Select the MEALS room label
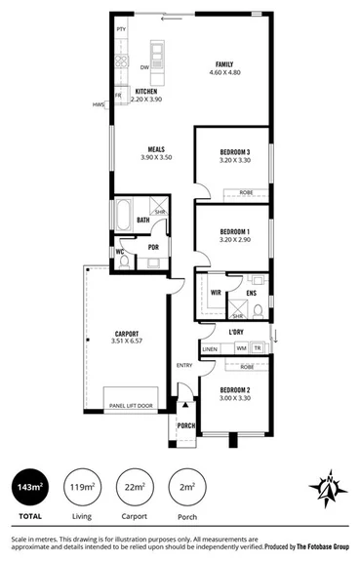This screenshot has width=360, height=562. coord(156,150)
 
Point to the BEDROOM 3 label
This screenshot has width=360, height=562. coord(234,151)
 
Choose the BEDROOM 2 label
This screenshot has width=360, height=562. coord(234,390)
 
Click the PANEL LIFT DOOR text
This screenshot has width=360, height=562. coord(131,405)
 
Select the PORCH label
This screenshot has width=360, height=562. coord(184,426)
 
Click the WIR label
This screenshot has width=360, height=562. coord(216,291)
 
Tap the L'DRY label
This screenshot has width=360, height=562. coord(236,332)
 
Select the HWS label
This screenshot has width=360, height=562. coord(99,104)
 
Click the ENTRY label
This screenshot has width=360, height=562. coord(183,366)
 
